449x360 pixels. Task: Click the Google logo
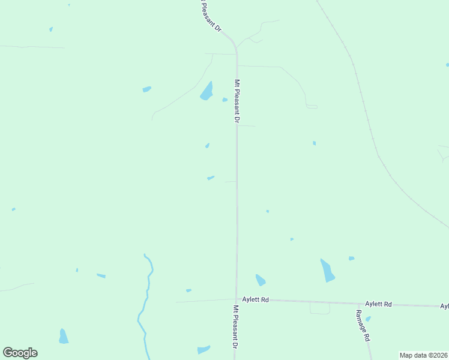tap(20, 353)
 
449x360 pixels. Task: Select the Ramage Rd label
tap(363, 326)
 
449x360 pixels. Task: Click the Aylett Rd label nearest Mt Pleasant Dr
tap(255, 299)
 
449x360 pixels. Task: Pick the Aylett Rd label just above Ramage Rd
tap(378, 304)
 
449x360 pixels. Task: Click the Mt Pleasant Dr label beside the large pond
tap(237, 102)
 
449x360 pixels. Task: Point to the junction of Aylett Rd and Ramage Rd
tap(358, 304)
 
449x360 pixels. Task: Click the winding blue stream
tap(146, 300)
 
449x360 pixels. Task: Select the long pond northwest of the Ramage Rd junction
tap(327, 271)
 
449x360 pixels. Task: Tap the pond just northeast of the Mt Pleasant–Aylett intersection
tap(261, 280)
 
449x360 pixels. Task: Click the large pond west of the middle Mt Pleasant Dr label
tap(206, 91)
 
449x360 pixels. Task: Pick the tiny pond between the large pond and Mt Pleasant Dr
tap(224, 100)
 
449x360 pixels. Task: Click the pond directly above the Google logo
tap(64, 336)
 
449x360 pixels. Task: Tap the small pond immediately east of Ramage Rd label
tap(368, 319)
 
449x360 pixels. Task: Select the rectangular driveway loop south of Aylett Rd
tap(320, 308)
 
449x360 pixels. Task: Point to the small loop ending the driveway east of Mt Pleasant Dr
tap(312, 107)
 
